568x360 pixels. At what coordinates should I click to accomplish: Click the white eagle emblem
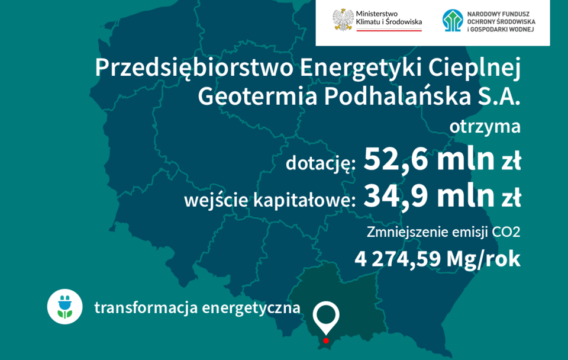(x=343, y=20)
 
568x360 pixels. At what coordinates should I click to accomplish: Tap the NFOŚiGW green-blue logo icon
(x=453, y=21)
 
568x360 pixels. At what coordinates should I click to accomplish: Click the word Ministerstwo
(x=377, y=14)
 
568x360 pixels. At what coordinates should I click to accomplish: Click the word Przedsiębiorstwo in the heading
(x=194, y=67)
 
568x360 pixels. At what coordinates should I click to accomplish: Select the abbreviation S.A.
(x=499, y=96)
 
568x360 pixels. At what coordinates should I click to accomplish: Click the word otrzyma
(x=485, y=127)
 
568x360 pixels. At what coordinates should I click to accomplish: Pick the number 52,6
(x=396, y=159)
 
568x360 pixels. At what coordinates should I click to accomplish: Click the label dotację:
(x=321, y=163)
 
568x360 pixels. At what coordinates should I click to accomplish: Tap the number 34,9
(x=396, y=196)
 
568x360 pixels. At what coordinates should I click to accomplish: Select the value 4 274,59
(x=398, y=259)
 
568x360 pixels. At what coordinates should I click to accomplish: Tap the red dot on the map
(x=326, y=341)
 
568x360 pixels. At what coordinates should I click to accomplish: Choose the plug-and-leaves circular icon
(x=65, y=307)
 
